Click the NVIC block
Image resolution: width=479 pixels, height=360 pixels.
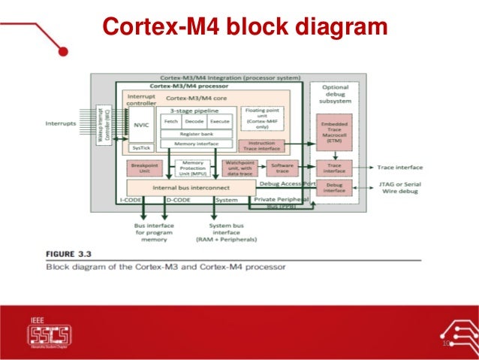point(139,126)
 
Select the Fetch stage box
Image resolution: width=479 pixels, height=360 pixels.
point(170,121)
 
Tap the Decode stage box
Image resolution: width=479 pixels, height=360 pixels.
point(194,121)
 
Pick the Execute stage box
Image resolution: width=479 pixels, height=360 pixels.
point(219,121)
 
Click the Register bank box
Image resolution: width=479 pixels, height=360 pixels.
point(195,133)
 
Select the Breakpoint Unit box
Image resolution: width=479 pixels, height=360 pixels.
point(143,168)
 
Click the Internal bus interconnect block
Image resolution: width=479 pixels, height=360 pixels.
point(191,186)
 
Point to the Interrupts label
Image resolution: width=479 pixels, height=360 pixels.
point(61,123)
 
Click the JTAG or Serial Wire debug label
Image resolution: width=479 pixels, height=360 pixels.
point(400,186)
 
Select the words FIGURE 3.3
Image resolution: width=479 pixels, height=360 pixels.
point(71,254)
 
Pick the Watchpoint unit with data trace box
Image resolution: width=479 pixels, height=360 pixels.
point(239,168)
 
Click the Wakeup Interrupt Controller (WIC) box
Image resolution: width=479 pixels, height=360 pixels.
point(106,124)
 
